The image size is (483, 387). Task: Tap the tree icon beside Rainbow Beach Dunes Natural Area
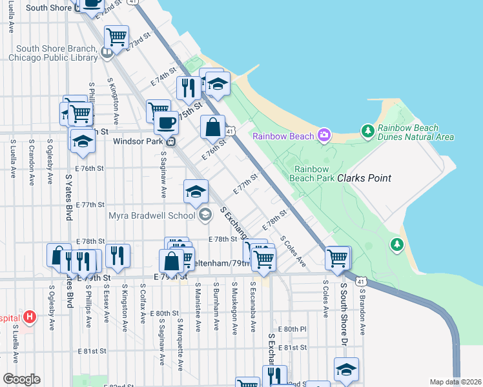(368, 132)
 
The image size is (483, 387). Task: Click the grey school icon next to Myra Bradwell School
(205, 215)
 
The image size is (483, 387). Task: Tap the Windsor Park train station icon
(171, 141)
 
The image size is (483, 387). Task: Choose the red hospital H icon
(28, 317)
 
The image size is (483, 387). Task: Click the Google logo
(22, 379)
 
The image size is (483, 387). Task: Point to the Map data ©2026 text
(455, 382)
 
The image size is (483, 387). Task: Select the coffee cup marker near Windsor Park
(166, 121)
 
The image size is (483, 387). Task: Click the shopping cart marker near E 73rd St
(116, 36)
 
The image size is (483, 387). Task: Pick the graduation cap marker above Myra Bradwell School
(196, 190)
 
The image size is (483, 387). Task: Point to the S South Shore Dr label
(344, 310)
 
